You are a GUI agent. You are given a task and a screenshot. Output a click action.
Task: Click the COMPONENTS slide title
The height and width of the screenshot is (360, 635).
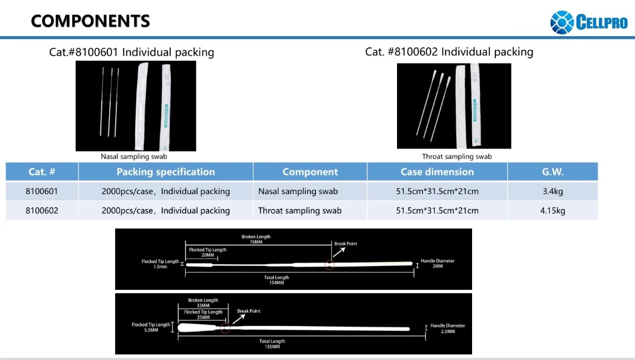(x=91, y=21)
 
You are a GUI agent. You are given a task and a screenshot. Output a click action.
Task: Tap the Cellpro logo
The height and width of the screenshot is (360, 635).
(x=588, y=23)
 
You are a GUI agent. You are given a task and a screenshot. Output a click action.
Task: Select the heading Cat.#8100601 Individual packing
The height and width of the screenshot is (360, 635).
(x=132, y=52)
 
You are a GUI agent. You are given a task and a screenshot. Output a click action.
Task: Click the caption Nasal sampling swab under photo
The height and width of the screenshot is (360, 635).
(x=134, y=157)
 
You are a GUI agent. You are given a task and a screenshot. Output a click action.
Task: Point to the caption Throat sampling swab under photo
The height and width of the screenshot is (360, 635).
(x=457, y=157)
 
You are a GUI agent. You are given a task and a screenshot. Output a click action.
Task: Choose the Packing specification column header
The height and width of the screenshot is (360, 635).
(x=166, y=172)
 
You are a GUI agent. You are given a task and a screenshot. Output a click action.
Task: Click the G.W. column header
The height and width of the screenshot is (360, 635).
(x=553, y=172)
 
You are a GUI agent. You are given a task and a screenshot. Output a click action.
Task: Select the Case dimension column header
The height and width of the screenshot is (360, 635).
(x=437, y=172)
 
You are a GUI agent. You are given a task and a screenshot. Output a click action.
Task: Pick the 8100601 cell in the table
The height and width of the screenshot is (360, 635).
(x=42, y=191)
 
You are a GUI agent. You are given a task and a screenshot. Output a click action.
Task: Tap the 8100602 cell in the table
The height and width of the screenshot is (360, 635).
(x=42, y=211)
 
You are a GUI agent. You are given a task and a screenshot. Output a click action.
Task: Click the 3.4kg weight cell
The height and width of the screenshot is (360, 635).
(x=553, y=191)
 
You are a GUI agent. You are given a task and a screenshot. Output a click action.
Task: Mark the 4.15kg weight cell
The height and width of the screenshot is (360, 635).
(x=553, y=211)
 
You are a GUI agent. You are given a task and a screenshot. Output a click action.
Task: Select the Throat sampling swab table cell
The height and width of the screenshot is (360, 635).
(x=300, y=211)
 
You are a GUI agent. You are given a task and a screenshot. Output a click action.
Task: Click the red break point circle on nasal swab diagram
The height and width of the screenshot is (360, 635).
(x=330, y=265)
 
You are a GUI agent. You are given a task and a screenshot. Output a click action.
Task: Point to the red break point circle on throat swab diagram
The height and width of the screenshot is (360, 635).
(x=225, y=328)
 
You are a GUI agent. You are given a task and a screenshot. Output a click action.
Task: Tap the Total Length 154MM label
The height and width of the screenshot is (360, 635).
(x=276, y=280)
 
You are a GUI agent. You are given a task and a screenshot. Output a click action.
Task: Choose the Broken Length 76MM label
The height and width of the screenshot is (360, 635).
(x=256, y=239)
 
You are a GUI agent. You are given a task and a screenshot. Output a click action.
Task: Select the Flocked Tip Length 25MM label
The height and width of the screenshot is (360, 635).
(x=204, y=315)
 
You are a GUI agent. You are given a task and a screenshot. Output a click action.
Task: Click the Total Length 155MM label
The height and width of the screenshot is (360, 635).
(x=272, y=344)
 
